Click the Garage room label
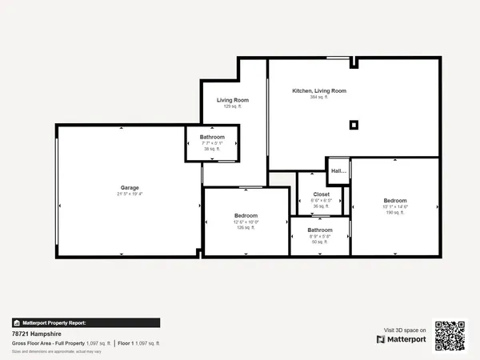[x=130, y=187]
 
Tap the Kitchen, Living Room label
[x=318, y=91]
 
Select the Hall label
[x=339, y=170]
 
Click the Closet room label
[x=321, y=194]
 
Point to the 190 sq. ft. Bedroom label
[x=394, y=200]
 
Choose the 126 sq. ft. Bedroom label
[x=246, y=216]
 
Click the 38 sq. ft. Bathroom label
[x=212, y=137]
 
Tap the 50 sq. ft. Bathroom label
[x=320, y=230]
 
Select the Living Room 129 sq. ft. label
[x=233, y=100]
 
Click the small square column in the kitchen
[x=354, y=124]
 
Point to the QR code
[x=450, y=335]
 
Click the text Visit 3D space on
[x=405, y=330]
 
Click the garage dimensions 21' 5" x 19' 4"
[x=130, y=194]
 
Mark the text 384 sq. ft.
[x=319, y=97]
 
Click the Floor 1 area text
[x=139, y=343]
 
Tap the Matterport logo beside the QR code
[x=402, y=339]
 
